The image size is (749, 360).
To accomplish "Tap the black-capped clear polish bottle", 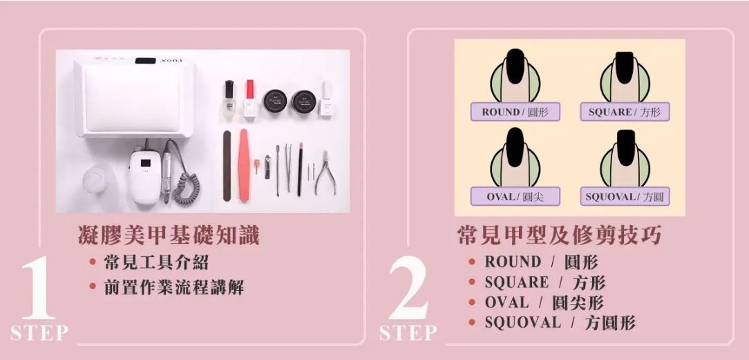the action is click(229, 100).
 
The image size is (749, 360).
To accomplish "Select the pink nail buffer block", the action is click(245, 164).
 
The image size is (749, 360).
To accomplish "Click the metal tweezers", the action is click(288, 167).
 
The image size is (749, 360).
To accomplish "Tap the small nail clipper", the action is click(267, 167).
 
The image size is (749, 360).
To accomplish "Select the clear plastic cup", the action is click(96, 178).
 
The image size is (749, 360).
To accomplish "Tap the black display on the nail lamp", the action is click(145, 61).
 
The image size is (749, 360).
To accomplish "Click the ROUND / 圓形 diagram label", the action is click(515, 112).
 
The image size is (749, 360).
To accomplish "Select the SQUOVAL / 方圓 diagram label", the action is click(625, 197).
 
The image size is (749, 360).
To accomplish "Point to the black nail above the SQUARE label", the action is click(625, 67).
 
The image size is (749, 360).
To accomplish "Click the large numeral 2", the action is click(408, 287).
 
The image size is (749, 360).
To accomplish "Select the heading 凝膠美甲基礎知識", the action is click(169, 236).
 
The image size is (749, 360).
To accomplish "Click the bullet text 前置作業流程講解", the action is click(174, 287).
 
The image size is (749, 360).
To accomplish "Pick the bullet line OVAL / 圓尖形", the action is click(544, 303).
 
